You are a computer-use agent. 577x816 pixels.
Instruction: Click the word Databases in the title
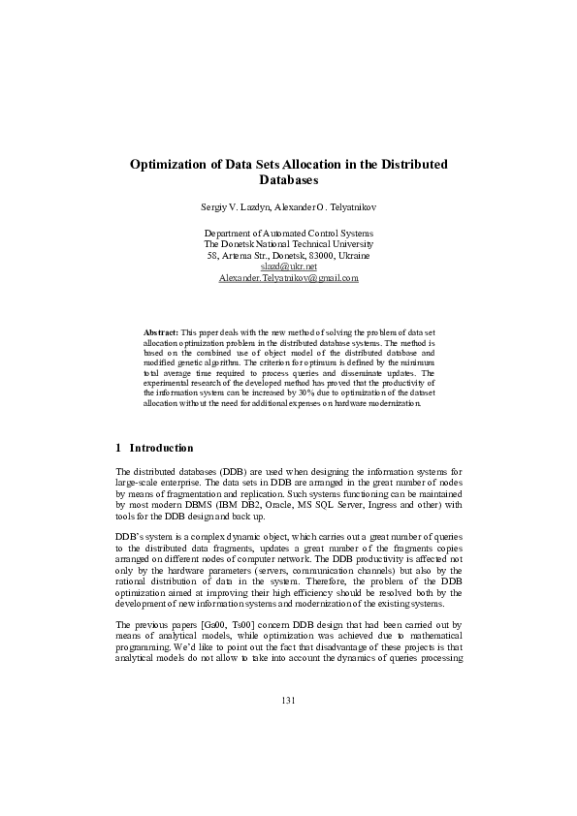(x=289, y=180)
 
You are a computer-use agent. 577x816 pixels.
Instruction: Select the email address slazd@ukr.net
(x=288, y=266)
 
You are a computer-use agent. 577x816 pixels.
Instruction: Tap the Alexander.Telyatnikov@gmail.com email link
(x=289, y=277)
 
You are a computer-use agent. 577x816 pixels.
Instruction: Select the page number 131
(x=288, y=700)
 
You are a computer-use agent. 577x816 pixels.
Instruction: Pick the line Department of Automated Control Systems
(x=289, y=234)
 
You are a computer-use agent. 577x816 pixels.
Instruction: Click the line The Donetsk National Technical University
(x=289, y=244)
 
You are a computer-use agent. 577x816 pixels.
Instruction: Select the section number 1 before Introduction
(x=117, y=448)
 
